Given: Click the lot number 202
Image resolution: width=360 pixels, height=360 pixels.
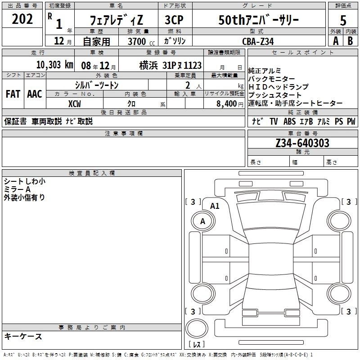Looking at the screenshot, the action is pyautogui.click(x=22, y=19).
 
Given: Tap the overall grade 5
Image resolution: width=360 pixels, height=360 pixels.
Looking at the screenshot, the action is pyautogui.click(x=343, y=20).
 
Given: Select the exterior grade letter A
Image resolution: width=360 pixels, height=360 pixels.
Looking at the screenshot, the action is pyautogui.click(x=336, y=41).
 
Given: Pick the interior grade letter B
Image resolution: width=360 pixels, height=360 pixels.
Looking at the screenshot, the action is pyautogui.click(x=350, y=41).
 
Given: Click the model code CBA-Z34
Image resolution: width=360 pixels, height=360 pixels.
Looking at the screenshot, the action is pyautogui.click(x=258, y=41).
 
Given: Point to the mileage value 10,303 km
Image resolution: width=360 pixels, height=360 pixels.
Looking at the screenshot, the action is pyautogui.click(x=54, y=65).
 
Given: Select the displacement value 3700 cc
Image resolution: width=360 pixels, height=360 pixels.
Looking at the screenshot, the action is pyautogui.click(x=141, y=41).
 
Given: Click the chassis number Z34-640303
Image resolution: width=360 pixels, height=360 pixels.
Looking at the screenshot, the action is pyautogui.click(x=302, y=143).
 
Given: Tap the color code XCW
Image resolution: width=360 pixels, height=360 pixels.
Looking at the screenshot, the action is pyautogui.click(x=74, y=104).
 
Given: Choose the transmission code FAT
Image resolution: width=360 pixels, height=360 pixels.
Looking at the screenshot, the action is pyautogui.click(x=13, y=94).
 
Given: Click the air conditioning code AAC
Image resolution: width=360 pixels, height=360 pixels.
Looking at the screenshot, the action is pyautogui.click(x=35, y=94).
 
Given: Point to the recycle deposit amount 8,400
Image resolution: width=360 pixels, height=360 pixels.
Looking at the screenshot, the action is pyautogui.click(x=226, y=104).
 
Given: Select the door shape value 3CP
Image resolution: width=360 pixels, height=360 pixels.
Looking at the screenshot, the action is pyautogui.click(x=174, y=20).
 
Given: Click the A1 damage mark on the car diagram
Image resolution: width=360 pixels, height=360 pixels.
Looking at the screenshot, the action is pyautogui.click(x=215, y=206).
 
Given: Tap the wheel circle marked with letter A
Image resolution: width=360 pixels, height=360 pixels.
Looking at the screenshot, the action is pyautogui.click(x=203, y=221).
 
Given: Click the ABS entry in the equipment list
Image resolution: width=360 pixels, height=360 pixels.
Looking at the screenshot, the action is pyautogui.click(x=289, y=121).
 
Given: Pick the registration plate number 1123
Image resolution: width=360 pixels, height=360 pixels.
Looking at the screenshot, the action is pyautogui.click(x=193, y=65).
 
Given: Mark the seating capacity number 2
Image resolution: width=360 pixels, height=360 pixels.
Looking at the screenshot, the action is pyautogui.click(x=188, y=85).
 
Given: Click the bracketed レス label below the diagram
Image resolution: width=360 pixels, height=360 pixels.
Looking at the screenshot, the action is pyautogui.click(x=197, y=344).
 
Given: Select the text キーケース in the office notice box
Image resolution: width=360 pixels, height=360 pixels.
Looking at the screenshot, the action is pyautogui.click(x=23, y=336).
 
